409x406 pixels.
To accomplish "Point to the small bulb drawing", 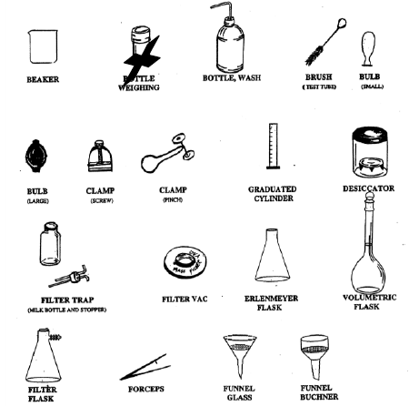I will (370, 44).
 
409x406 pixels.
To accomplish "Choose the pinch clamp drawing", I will (165, 159).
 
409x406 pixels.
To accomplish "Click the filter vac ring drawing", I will (186, 264).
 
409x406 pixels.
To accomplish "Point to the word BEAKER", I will (42, 79).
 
